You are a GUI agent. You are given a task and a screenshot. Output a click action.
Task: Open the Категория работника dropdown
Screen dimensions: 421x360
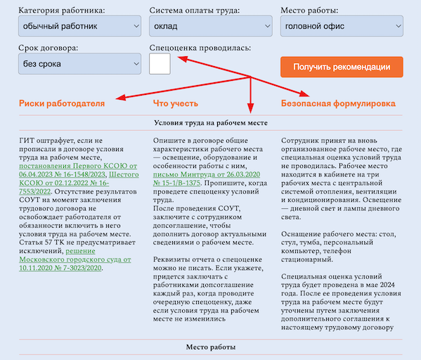[x=79, y=26]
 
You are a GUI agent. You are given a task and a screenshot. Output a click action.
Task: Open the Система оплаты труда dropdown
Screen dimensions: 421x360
[x=211, y=26]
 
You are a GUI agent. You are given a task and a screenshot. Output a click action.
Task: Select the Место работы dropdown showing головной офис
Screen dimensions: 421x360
[x=342, y=26]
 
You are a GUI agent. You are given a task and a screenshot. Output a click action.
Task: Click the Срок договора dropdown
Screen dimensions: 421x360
[x=79, y=64]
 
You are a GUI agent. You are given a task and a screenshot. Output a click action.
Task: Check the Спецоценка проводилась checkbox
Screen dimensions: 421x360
[x=160, y=64]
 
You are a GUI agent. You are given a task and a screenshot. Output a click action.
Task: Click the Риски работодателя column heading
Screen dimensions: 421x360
[x=62, y=103]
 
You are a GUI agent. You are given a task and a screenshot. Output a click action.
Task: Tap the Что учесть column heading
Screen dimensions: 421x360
[x=176, y=103]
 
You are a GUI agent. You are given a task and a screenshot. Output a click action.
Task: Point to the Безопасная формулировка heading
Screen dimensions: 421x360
[x=338, y=103]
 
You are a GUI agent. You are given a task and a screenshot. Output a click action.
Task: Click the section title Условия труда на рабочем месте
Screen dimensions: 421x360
[x=211, y=123]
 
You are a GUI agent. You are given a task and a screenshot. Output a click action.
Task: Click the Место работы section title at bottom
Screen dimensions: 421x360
[x=211, y=347]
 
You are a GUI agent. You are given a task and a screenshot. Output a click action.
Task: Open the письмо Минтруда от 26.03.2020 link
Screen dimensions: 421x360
[x=207, y=179]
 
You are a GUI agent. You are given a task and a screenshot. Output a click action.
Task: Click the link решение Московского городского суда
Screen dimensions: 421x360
[x=75, y=259]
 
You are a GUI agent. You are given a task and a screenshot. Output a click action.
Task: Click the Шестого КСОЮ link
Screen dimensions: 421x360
[x=79, y=183]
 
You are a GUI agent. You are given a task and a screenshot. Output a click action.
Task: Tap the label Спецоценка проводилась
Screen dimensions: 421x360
[x=200, y=48]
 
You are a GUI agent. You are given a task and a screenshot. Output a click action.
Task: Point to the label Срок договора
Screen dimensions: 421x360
[x=48, y=48]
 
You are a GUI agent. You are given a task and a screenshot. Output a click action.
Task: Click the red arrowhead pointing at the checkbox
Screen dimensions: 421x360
[x=182, y=58]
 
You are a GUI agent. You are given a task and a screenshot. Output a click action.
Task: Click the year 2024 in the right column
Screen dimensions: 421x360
[x=387, y=285]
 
